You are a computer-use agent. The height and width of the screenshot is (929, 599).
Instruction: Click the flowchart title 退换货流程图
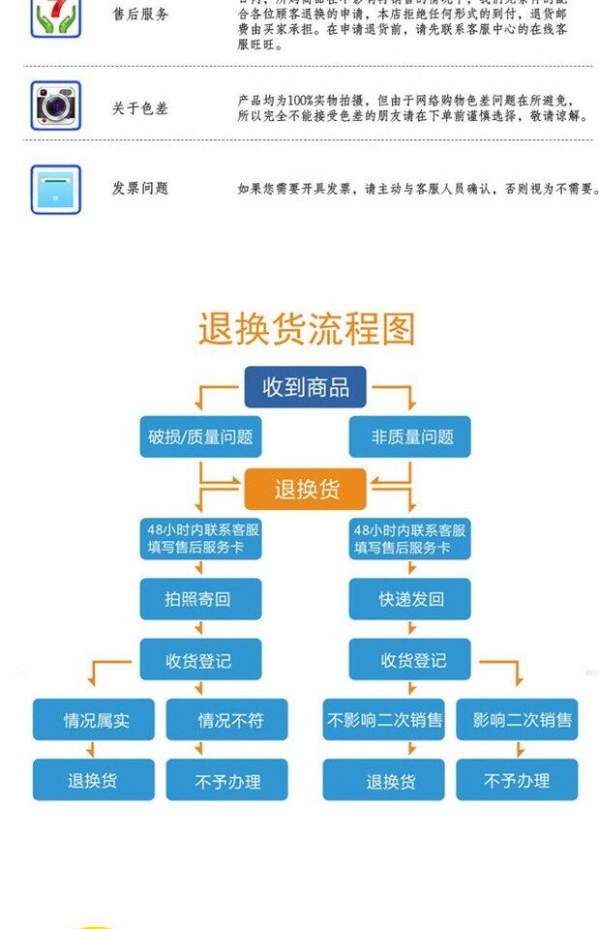tap(306, 329)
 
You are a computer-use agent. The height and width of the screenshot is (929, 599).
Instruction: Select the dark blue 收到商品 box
tap(305, 387)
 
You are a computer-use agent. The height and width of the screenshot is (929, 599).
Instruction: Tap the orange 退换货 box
tap(305, 489)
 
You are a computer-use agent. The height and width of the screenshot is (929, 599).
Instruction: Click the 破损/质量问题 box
tap(200, 436)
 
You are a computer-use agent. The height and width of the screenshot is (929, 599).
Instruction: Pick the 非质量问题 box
tap(409, 436)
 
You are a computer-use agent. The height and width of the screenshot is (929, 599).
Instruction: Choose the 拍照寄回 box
tap(200, 599)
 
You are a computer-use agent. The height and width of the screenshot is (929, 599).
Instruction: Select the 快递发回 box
tap(409, 599)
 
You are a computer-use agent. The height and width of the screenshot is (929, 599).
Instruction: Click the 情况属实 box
tap(94, 720)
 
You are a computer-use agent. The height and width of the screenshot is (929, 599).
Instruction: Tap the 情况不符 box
tap(227, 720)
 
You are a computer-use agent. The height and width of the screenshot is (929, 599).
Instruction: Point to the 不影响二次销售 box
tap(384, 720)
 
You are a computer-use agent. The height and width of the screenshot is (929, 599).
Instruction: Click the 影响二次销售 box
tap(517, 720)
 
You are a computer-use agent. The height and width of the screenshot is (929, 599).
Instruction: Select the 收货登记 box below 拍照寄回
tap(200, 660)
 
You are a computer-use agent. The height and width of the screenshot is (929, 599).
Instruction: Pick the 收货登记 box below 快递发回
tap(409, 660)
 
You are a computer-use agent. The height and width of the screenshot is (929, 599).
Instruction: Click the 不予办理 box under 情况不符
tap(227, 780)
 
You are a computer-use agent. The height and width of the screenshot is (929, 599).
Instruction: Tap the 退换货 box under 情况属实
tap(94, 780)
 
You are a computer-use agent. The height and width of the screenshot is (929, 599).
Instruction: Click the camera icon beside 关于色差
tap(56, 105)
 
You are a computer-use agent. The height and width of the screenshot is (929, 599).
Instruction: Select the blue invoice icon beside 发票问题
tap(56, 189)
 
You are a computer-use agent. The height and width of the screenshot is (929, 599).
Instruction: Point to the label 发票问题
tap(139, 189)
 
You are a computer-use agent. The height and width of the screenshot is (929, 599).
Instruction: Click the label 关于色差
tap(139, 108)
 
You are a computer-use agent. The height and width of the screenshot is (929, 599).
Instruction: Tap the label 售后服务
tap(139, 15)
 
